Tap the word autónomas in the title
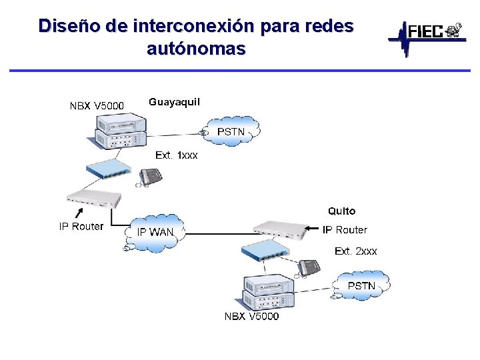coord(195,48)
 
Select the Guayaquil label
coord(174,102)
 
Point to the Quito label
coord(341,211)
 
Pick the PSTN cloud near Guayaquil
coord(231,132)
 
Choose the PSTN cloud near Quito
coord(361,285)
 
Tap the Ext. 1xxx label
coord(176,155)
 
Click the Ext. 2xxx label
coord(355,251)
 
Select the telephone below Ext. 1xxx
coord(149,177)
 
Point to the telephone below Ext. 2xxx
coord(308,268)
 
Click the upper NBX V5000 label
coord(97,105)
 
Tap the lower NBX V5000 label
coord(251,316)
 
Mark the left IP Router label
coord(81,227)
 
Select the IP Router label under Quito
coord(345,230)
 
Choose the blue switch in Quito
coord(265,251)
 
